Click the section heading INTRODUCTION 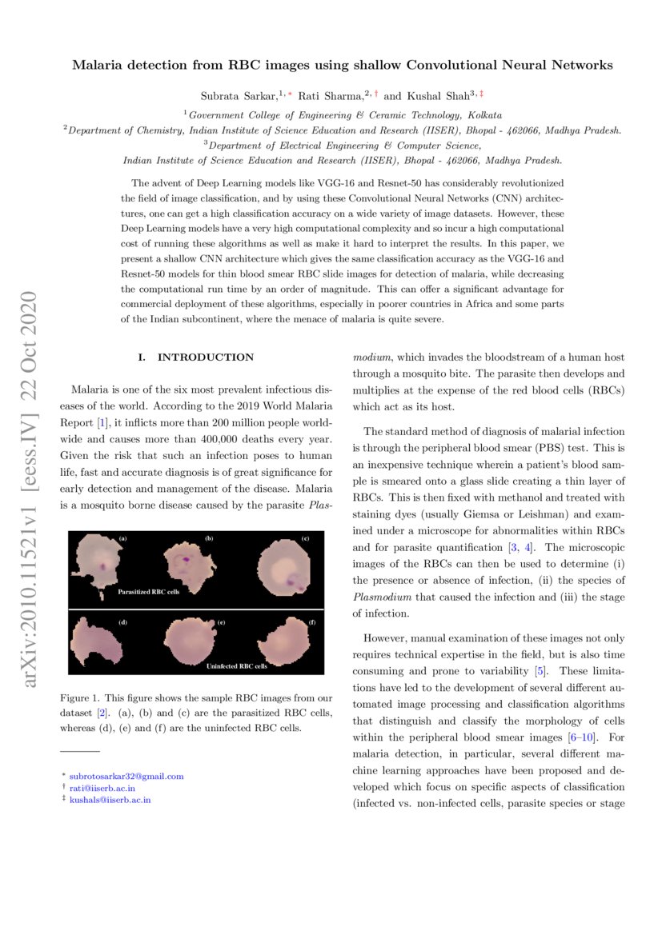click(205, 358)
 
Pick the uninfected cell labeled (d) click(95, 640)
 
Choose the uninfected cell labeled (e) click(190, 641)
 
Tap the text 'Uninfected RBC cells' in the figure click(238, 665)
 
